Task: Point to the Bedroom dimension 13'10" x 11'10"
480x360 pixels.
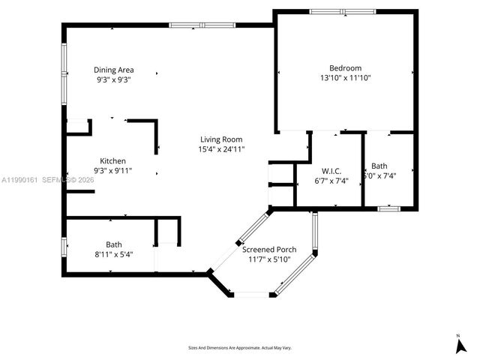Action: click(x=345, y=77)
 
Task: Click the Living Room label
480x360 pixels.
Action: click(x=221, y=139)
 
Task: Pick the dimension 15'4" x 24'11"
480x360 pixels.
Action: click(x=221, y=148)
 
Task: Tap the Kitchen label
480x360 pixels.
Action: click(x=113, y=160)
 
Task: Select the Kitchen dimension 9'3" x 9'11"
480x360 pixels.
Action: click(x=113, y=170)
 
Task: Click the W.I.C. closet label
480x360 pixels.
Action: click(x=331, y=171)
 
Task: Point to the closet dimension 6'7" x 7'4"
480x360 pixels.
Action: click(x=331, y=181)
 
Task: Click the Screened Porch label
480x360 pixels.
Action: click(x=269, y=249)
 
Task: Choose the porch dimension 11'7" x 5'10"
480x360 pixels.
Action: click(x=269, y=259)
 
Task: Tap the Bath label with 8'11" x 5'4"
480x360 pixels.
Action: click(x=113, y=244)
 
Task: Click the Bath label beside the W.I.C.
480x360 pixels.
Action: click(x=379, y=166)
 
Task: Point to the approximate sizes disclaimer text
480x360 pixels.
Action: click(x=239, y=348)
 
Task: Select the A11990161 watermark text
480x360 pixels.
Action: click(x=20, y=180)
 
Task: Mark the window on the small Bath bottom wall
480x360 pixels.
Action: click(x=388, y=208)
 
